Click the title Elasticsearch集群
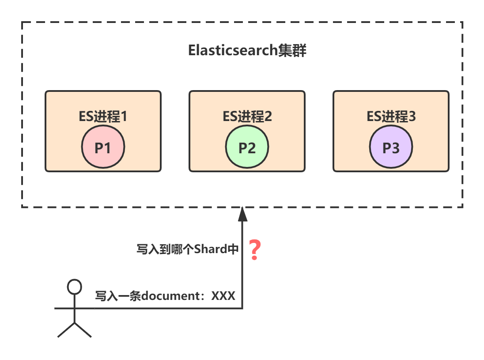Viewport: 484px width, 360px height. [247, 50]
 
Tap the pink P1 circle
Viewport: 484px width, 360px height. [103, 148]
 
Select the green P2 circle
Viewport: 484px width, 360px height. [247, 148]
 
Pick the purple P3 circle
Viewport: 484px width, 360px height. [391, 148]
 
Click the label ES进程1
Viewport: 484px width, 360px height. [103, 117]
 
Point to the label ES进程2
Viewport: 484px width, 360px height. [247, 117]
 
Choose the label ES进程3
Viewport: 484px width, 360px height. [391, 117]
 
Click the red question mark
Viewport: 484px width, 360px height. [254, 250]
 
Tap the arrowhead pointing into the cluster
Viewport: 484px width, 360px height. [242, 214]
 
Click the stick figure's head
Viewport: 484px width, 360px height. [74, 287]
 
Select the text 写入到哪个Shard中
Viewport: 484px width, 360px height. [188, 249]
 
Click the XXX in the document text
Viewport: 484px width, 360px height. [223, 296]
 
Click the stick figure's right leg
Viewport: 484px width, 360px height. [83, 330]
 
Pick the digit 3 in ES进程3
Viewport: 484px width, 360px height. [412, 117]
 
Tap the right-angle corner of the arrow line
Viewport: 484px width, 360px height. [242, 308]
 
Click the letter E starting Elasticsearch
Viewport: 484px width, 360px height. [192, 50]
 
